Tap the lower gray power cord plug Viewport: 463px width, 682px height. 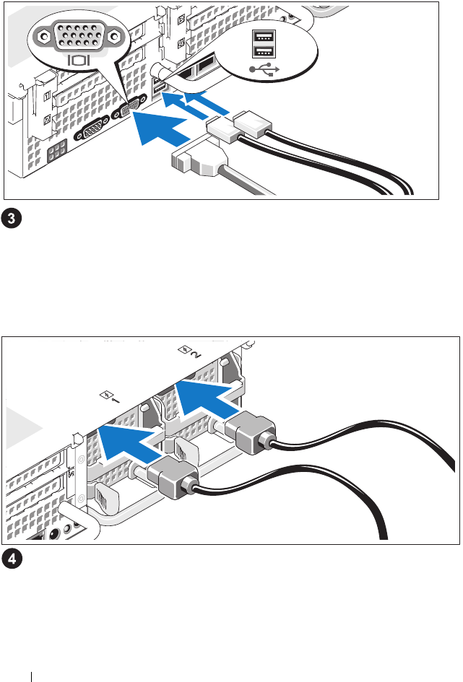[173, 477]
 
